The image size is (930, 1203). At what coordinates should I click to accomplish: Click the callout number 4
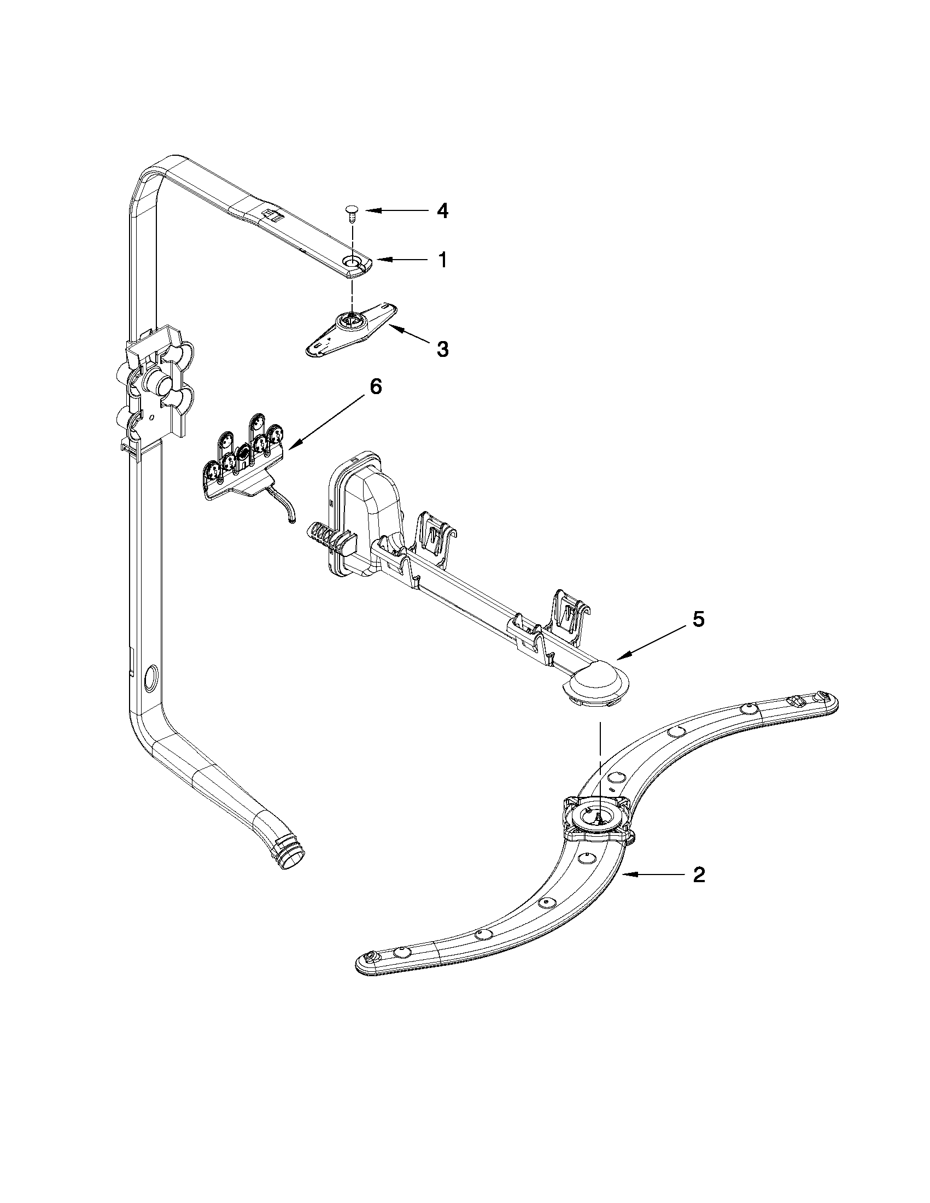442,212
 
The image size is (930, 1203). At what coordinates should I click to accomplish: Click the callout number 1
442,260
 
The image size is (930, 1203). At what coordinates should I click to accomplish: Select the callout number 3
442,349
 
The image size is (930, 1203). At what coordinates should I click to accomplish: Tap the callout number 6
375,387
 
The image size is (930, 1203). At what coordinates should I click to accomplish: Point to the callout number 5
698,620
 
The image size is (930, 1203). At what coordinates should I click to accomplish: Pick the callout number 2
699,875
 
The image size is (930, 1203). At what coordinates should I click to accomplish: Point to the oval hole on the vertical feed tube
149,677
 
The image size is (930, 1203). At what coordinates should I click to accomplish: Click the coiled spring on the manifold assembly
320,537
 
